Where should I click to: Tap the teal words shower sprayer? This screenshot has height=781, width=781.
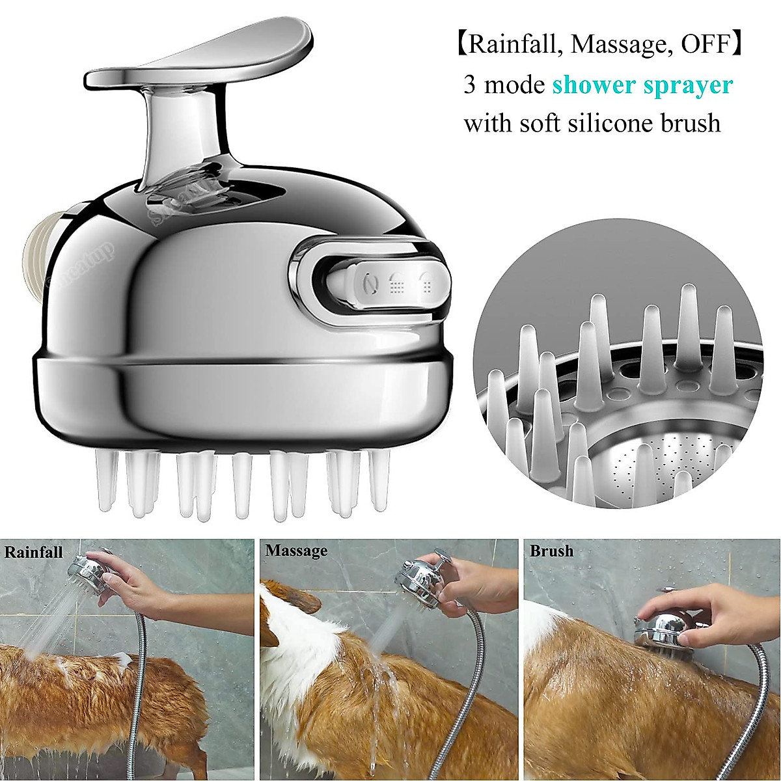pyautogui.click(x=642, y=85)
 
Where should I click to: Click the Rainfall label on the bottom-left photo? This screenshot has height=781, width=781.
pyautogui.click(x=34, y=552)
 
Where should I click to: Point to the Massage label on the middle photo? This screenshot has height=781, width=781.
pyautogui.click(x=296, y=551)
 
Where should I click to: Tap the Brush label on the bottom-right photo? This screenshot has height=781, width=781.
pyautogui.click(x=551, y=551)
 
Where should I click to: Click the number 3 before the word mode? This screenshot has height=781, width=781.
pyautogui.click(x=470, y=85)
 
